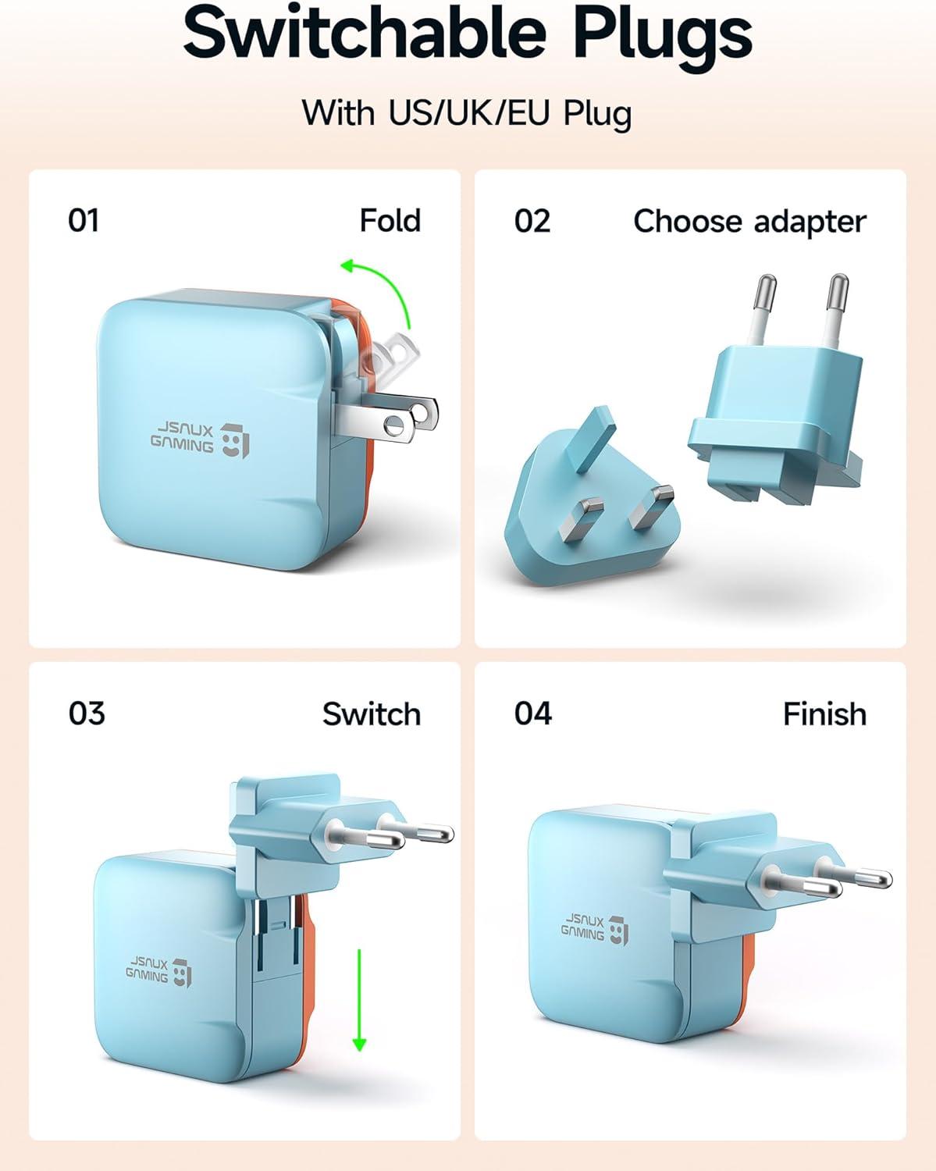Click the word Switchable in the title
(364, 33)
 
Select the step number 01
(84, 220)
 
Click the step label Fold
(390, 221)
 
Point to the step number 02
(532, 221)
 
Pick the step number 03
(86, 713)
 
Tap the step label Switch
(371, 714)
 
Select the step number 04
(532, 713)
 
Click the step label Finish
(824, 714)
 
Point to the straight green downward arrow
(359, 999)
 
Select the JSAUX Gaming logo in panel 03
(158, 971)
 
